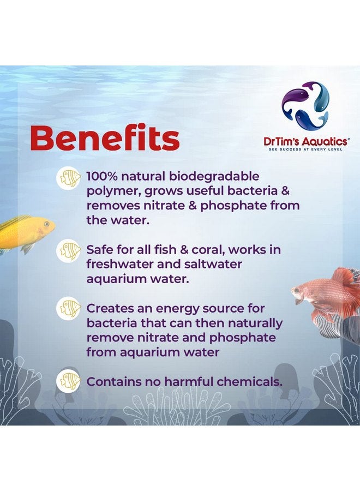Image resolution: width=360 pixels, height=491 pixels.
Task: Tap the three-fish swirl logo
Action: pos(305,106)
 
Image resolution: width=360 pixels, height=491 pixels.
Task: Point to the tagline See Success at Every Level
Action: pos(304,149)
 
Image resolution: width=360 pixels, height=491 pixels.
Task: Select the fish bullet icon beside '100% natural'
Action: pos(69,178)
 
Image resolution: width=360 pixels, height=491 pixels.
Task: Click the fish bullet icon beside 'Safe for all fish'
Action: pos(69,251)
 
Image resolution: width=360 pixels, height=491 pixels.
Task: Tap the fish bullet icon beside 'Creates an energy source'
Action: pos(69,309)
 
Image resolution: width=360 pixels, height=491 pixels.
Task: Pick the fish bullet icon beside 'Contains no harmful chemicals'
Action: pos(69,381)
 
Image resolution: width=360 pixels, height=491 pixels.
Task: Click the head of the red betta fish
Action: pos(303,295)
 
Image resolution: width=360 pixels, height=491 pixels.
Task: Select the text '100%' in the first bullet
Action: pos(104,177)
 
